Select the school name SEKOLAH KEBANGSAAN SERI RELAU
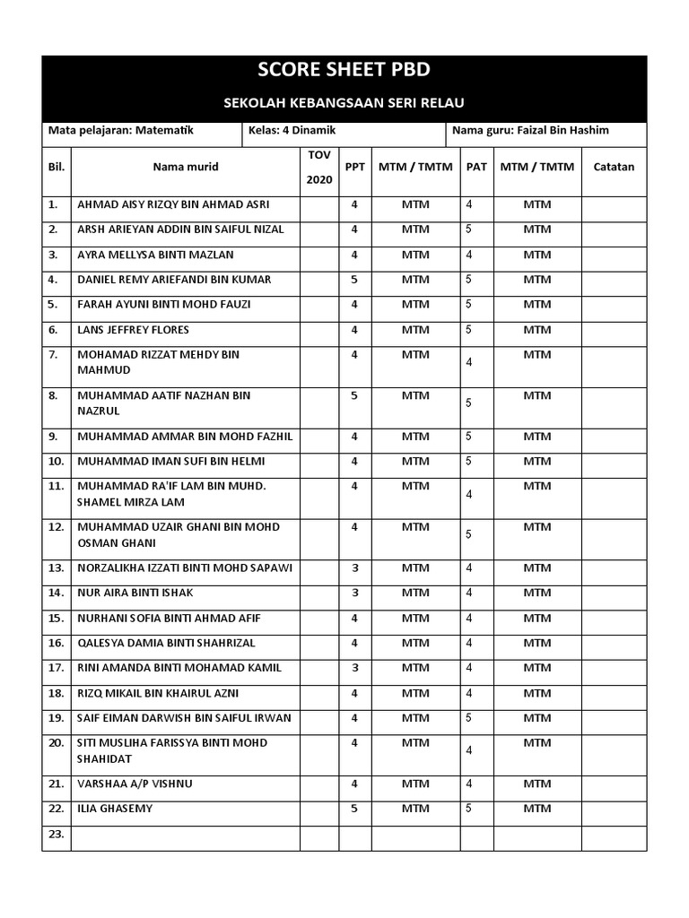click(x=344, y=103)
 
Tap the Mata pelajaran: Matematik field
click(x=120, y=130)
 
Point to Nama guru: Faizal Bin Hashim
click(x=530, y=130)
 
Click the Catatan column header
click(x=614, y=167)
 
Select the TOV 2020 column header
click(x=319, y=168)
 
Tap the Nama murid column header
click(x=185, y=167)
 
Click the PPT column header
click(x=354, y=167)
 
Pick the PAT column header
click(x=476, y=167)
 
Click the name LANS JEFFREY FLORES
click(x=133, y=330)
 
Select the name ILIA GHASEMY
click(x=115, y=809)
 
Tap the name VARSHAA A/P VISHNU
click(x=135, y=784)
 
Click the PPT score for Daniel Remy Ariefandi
click(x=354, y=280)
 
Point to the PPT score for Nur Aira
click(x=354, y=593)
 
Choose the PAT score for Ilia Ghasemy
click(x=469, y=809)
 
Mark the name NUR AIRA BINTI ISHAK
click(x=135, y=593)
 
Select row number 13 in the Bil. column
click(x=56, y=568)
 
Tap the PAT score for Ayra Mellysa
click(x=469, y=255)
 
